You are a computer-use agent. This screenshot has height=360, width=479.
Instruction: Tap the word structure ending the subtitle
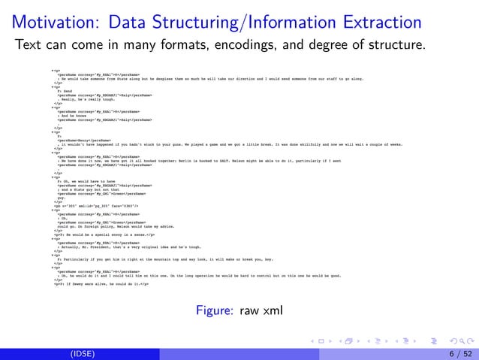pyautogui.click(x=396, y=45)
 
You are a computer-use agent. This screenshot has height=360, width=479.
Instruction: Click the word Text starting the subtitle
pyautogui.click(x=30, y=45)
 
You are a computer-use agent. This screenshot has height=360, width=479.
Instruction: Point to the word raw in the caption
pyautogui.click(x=249, y=310)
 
